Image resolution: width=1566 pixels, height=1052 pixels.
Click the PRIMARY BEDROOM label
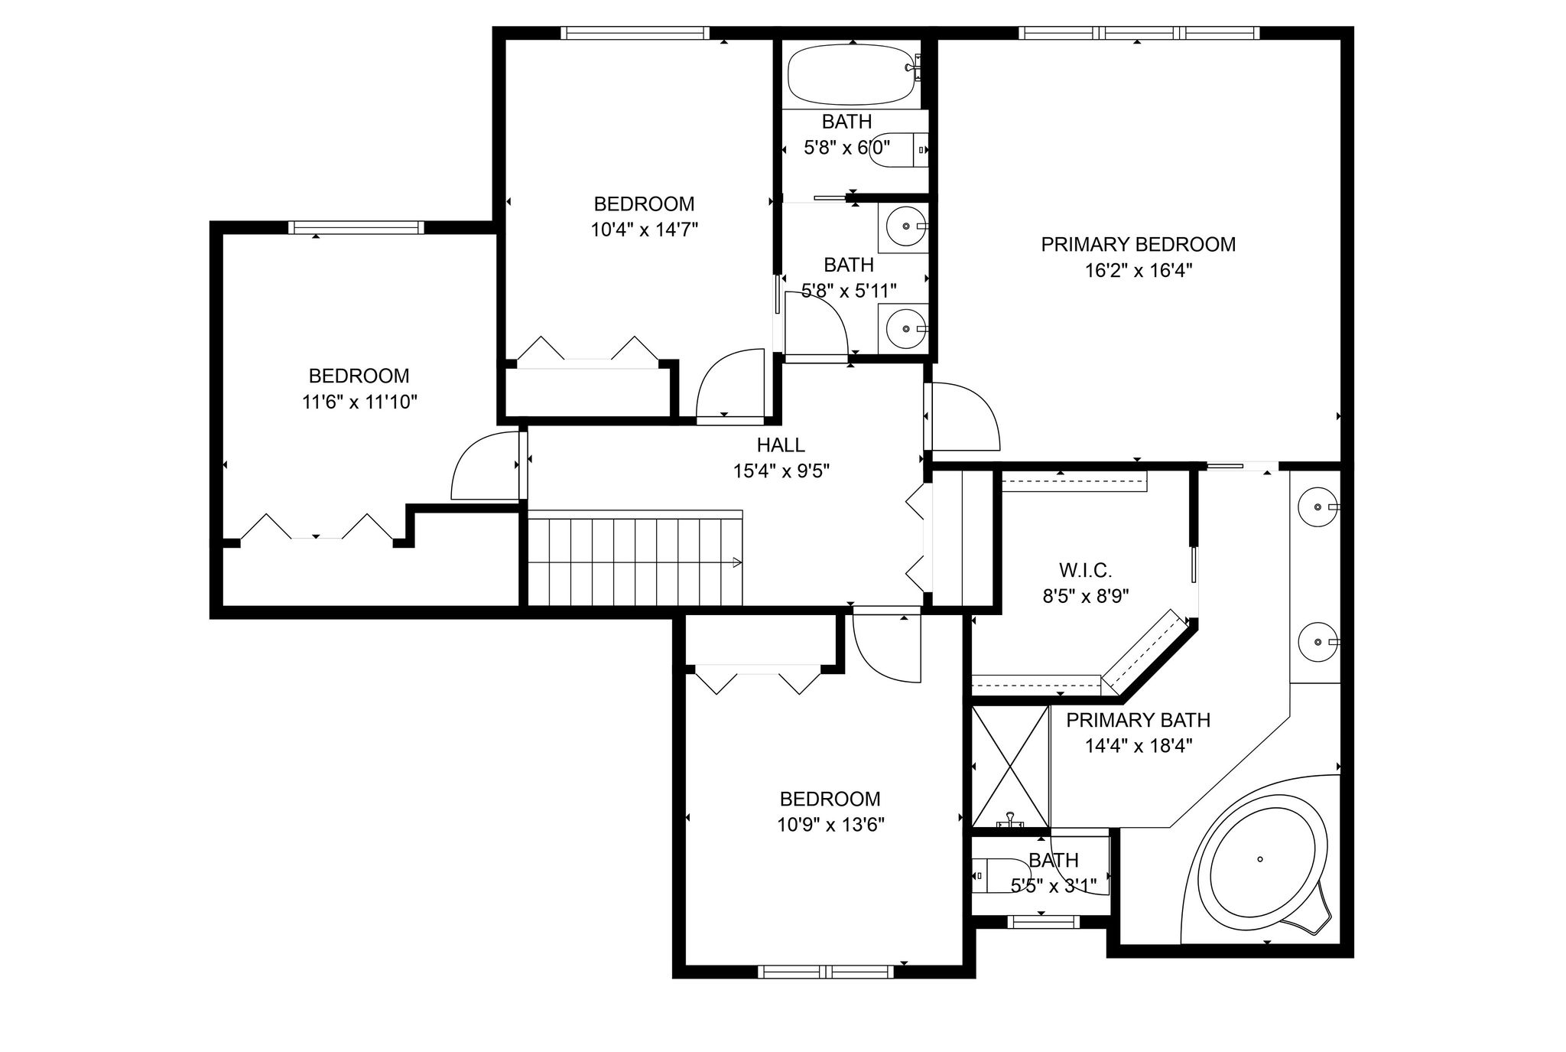coord(1138,244)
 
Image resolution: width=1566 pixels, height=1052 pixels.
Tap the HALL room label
coord(781,445)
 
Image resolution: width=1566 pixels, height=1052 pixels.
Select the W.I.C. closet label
coord(1085,570)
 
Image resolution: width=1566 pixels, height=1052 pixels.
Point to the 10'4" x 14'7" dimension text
coord(645,230)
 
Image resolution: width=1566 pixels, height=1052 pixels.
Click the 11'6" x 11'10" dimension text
coord(359,402)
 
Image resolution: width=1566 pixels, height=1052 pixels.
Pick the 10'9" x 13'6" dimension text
coord(831,825)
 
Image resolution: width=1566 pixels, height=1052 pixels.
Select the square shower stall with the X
coord(1010,767)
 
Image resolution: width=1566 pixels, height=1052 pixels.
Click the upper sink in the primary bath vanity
coord(1318,506)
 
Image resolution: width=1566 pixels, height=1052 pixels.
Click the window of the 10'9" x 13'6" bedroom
coord(826,972)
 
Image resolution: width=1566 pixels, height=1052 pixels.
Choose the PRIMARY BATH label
coord(1138,720)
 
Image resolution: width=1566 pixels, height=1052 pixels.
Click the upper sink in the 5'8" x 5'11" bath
coord(904,226)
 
